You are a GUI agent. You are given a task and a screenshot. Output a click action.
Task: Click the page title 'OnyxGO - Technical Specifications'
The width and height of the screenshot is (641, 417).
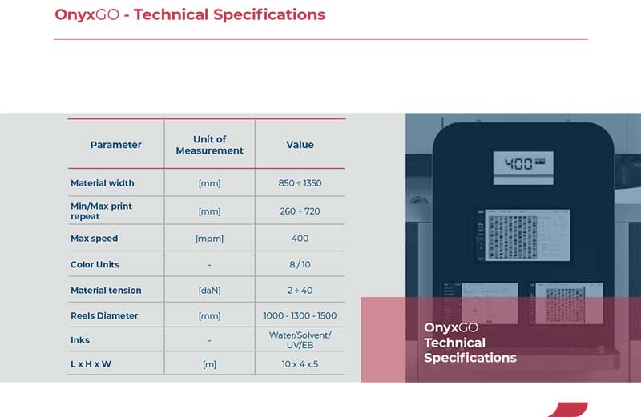click(190, 14)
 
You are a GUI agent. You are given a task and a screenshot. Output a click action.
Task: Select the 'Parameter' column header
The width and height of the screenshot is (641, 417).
click(115, 145)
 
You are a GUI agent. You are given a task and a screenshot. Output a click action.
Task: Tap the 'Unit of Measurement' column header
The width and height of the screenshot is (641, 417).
click(210, 145)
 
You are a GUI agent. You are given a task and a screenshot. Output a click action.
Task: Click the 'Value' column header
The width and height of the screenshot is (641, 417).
click(300, 145)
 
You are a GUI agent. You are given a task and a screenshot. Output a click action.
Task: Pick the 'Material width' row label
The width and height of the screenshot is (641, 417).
click(103, 183)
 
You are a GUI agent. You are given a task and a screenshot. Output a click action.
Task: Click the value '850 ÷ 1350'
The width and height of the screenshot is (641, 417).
click(300, 183)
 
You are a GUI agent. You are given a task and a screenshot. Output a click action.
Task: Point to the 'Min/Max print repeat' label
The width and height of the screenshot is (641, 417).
click(101, 211)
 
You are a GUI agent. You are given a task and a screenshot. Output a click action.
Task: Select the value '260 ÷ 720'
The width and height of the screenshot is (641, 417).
click(300, 211)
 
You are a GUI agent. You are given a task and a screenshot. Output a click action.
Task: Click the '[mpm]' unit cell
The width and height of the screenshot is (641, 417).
click(209, 239)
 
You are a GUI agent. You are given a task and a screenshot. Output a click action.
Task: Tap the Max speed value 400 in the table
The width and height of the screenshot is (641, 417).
click(300, 238)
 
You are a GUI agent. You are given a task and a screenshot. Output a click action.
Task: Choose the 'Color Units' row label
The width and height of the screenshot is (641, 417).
click(95, 265)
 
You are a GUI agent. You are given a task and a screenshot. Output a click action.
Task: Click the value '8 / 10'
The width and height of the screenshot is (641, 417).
click(300, 265)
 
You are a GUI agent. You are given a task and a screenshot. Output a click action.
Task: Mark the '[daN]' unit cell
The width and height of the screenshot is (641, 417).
click(209, 291)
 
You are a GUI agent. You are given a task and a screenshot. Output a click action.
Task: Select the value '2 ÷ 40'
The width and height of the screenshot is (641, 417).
click(300, 291)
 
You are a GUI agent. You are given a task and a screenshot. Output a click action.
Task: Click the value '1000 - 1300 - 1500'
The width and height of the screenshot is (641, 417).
click(300, 315)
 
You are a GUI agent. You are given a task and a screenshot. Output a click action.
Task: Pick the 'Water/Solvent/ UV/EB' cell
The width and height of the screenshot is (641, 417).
click(300, 340)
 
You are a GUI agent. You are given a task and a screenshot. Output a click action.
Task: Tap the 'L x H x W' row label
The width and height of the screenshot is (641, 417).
click(91, 364)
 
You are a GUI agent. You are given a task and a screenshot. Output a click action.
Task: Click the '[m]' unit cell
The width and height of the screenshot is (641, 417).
click(209, 364)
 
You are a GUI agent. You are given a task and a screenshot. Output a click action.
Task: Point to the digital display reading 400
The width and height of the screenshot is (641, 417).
click(523, 165)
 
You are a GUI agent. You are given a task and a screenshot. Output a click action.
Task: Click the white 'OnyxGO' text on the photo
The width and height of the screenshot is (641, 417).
click(451, 327)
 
